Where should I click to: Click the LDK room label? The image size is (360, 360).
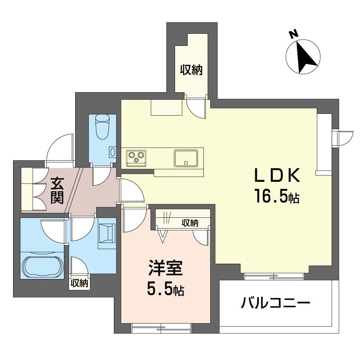277,175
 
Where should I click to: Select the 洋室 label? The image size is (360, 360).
166,268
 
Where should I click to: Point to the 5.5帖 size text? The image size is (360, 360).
166,289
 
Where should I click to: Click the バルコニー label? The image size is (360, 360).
275,303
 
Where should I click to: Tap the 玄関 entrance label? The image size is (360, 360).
57,190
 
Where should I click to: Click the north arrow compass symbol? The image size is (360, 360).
303,57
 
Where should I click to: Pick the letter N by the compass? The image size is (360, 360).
294,34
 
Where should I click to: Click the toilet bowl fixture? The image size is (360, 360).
103,127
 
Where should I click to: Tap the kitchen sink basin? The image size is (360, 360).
186,158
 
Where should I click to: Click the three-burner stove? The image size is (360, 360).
136,158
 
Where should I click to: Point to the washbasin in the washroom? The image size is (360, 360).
107,233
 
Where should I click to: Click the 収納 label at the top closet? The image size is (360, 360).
191,70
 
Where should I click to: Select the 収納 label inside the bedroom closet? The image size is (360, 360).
190,222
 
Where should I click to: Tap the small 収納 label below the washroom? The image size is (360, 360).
79,283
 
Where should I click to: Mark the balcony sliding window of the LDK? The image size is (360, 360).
274,276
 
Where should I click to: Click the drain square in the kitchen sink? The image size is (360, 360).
186,163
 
